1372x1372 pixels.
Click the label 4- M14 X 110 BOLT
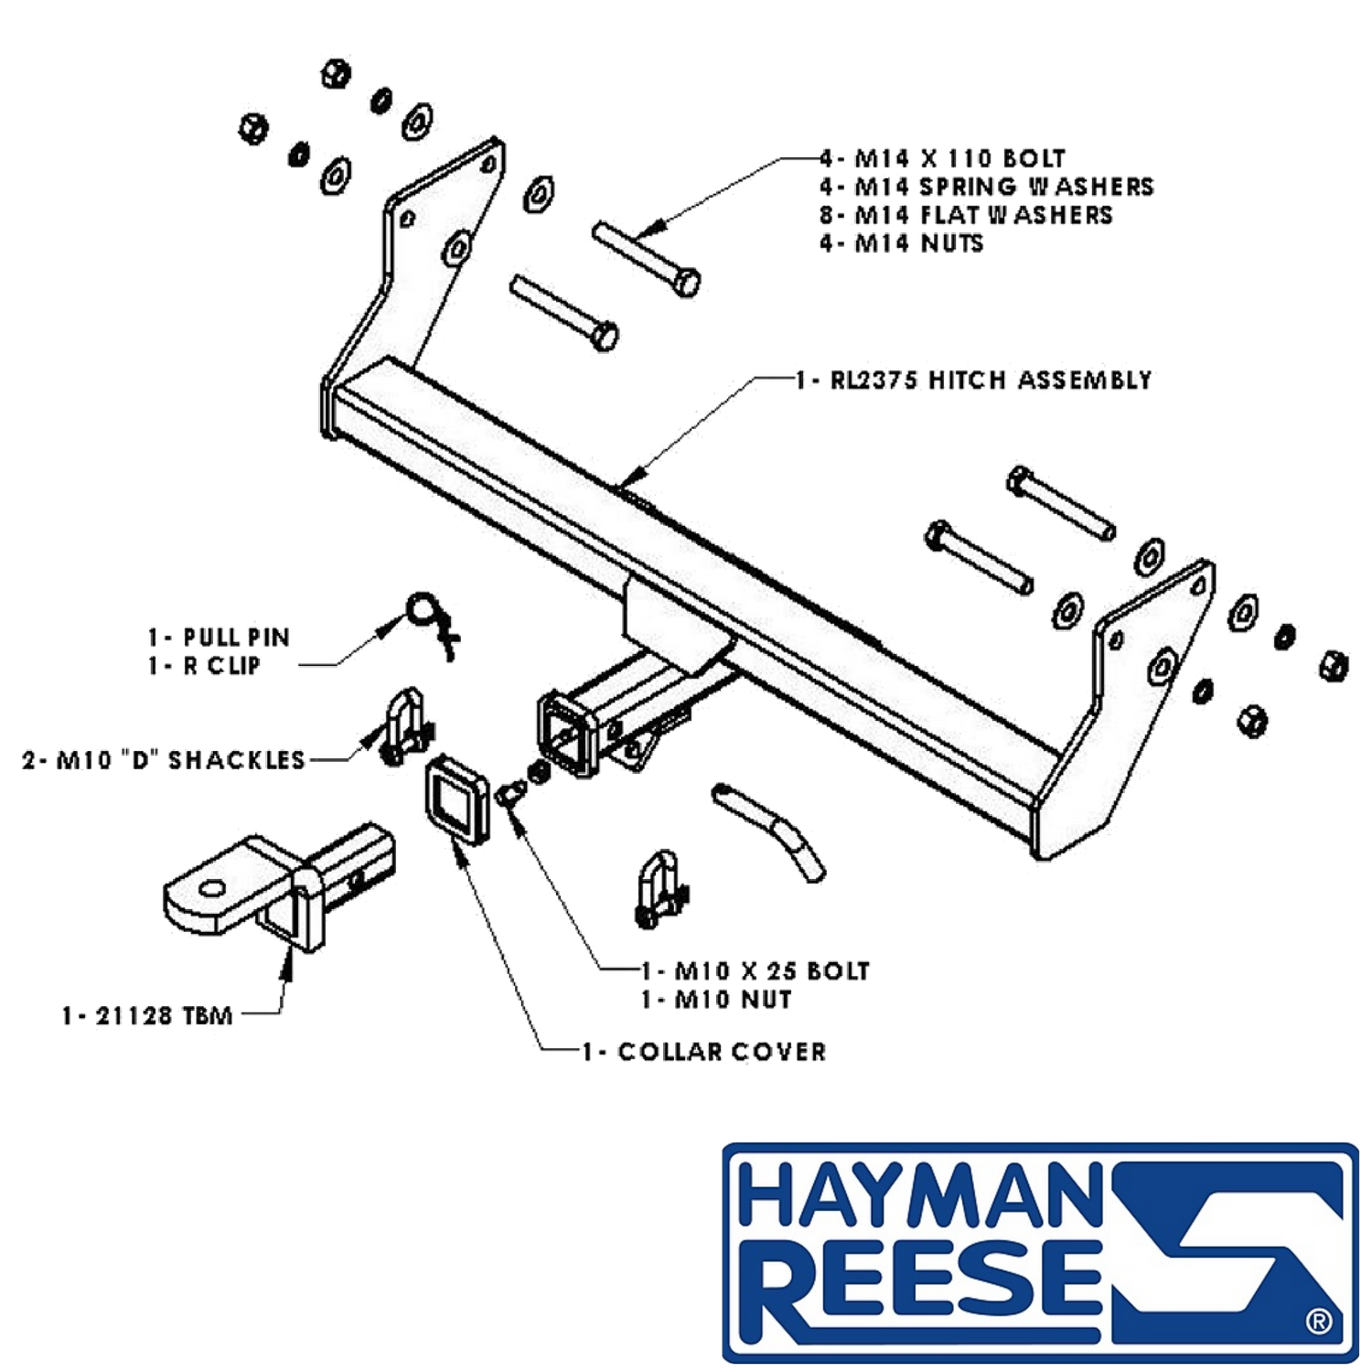(942, 158)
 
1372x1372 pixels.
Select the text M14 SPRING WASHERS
(1004, 187)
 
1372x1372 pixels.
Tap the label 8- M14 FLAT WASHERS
(966, 215)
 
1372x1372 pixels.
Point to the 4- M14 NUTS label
(901, 243)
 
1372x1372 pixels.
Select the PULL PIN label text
(236, 637)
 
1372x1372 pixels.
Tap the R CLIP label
(221, 665)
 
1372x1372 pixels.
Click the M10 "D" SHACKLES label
(180, 759)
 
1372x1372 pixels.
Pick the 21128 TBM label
(164, 1015)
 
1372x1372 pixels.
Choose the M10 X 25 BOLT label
(772, 970)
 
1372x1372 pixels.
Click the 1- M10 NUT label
(716, 999)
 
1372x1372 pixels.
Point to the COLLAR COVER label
(722, 1052)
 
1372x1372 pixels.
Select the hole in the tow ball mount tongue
(211, 888)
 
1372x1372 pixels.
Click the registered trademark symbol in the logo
(1319, 1322)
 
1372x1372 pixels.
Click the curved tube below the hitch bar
(770, 828)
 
